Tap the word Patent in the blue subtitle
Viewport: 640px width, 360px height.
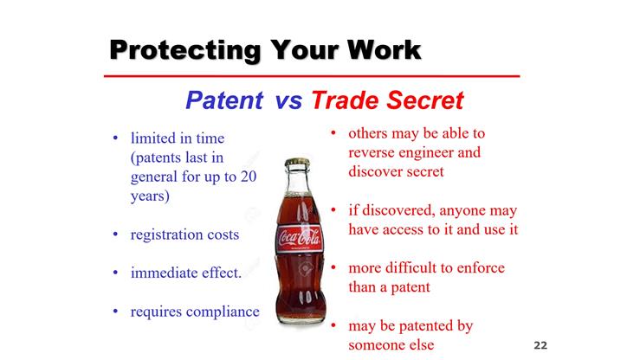click(224, 101)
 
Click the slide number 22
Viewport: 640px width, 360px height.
click(541, 345)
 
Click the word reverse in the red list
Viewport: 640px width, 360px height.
click(372, 152)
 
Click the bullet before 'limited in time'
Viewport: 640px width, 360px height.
click(116, 138)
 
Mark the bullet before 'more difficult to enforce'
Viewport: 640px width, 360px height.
click(333, 268)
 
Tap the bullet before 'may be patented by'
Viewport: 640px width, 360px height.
click(333, 326)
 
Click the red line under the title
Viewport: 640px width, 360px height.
click(311, 77)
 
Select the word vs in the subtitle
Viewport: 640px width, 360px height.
click(288, 101)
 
